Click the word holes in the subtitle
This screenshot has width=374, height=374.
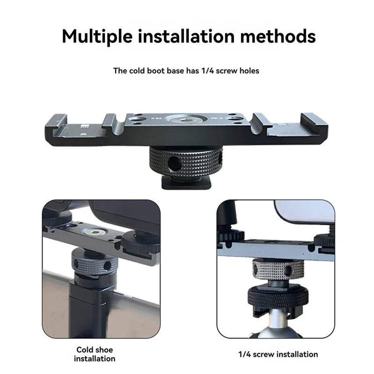pyautogui.click(x=249, y=71)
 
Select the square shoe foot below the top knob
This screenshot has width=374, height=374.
pyautogui.click(x=186, y=183)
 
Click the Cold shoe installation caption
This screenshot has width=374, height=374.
pyautogui.click(x=94, y=354)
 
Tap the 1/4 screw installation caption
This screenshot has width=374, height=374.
pyautogui.click(x=278, y=354)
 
